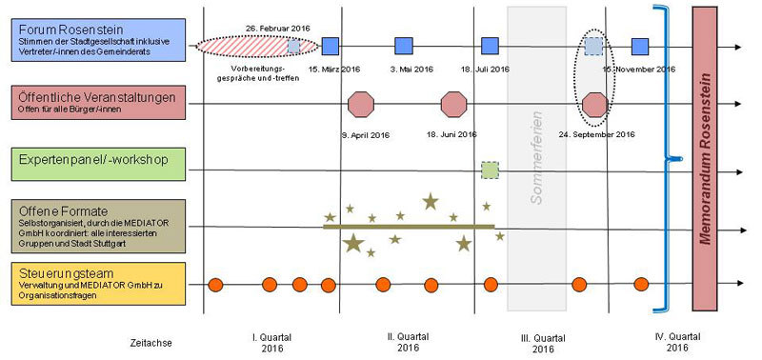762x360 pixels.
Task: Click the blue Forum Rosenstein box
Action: coord(93,40)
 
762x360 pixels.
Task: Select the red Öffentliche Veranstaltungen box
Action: coord(93,100)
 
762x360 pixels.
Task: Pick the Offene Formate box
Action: coord(93,227)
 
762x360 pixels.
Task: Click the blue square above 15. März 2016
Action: coord(331,46)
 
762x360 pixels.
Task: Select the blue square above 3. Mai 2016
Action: coord(404,46)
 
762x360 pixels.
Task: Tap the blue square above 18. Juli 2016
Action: coord(491,46)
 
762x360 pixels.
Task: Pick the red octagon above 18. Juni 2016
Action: coord(454,103)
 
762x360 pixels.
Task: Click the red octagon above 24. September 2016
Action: coord(594,103)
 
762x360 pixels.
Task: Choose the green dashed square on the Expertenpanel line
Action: coord(490,170)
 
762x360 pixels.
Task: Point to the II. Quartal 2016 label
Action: coord(408,342)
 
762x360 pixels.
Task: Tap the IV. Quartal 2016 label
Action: coord(676,342)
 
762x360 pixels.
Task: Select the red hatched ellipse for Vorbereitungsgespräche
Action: coord(246,46)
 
